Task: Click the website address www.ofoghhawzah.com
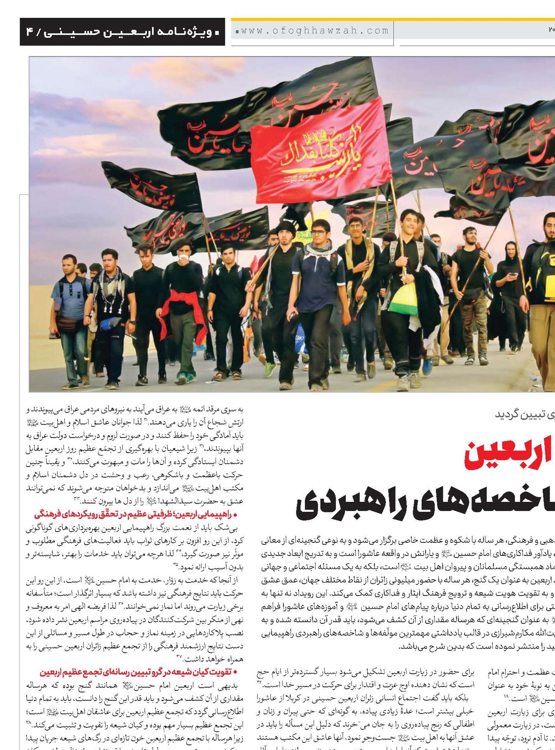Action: click(313, 31)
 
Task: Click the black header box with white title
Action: click(122, 32)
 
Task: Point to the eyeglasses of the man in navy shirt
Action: click(319, 233)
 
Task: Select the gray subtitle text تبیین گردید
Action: click(522, 415)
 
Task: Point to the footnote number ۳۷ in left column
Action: click(179, 657)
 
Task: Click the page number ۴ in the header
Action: click(30, 32)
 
